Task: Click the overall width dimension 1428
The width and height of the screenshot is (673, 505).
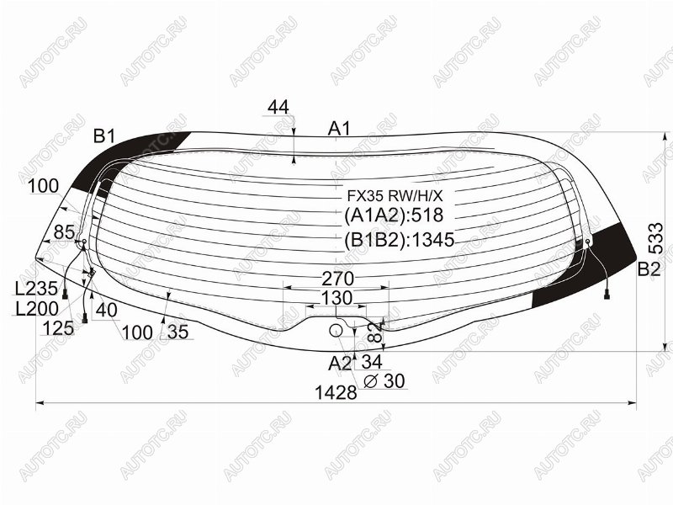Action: [x=336, y=392]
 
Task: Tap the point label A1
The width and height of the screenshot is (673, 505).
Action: [x=339, y=129]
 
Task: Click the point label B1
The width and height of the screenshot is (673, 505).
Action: [x=104, y=136]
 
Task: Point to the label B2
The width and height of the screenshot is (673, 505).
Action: [x=649, y=269]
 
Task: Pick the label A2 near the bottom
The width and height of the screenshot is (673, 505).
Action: [x=340, y=364]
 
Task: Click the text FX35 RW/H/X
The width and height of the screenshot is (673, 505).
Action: [x=395, y=196]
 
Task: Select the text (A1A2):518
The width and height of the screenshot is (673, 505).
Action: [x=394, y=215]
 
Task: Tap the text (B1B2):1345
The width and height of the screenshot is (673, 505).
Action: [x=399, y=240]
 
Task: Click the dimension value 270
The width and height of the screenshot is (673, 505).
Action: [x=338, y=279]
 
